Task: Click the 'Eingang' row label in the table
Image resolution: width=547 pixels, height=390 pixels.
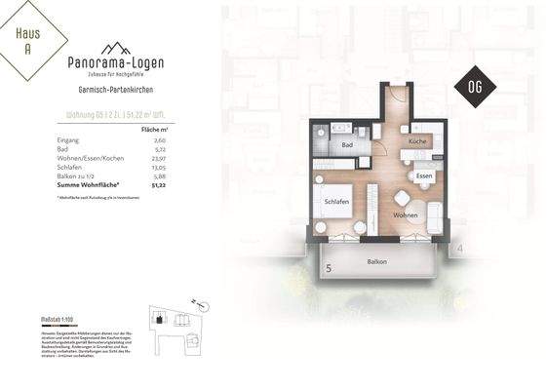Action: (x=69, y=140)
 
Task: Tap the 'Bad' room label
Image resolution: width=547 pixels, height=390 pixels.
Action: (x=347, y=144)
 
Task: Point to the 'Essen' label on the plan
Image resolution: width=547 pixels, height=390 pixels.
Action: (x=424, y=175)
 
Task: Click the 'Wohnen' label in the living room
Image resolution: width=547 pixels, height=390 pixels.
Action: (x=406, y=214)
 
